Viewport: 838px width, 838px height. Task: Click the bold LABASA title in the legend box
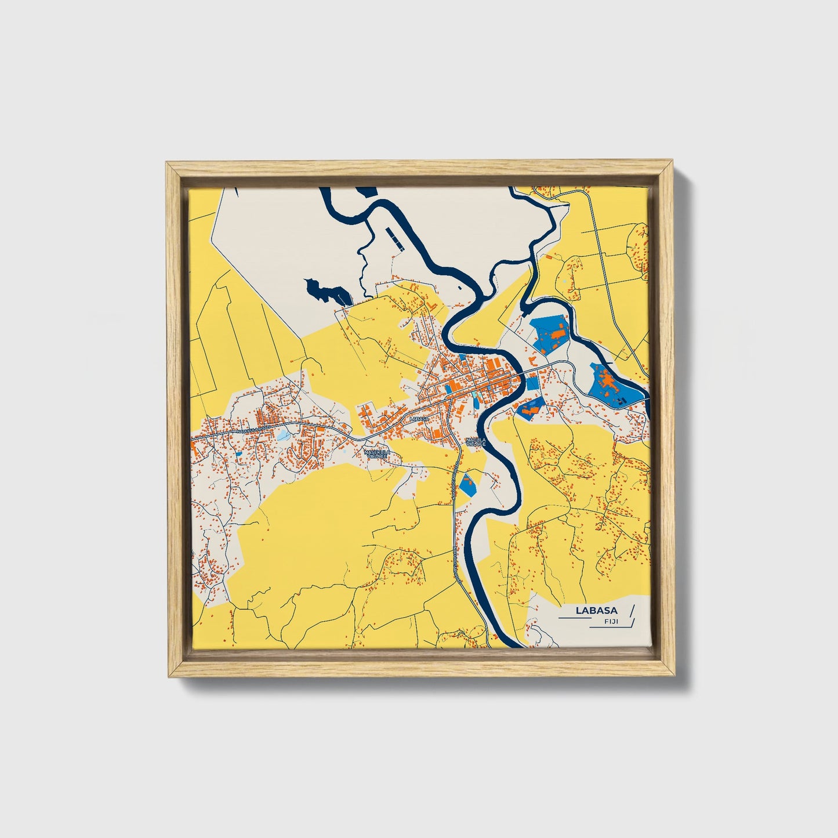tap(596, 611)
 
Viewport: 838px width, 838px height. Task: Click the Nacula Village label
tap(476, 442)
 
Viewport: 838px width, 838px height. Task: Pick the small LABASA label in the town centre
tap(418, 418)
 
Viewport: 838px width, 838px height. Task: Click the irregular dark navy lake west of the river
tap(326, 291)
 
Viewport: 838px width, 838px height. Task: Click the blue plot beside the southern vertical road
tap(467, 484)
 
